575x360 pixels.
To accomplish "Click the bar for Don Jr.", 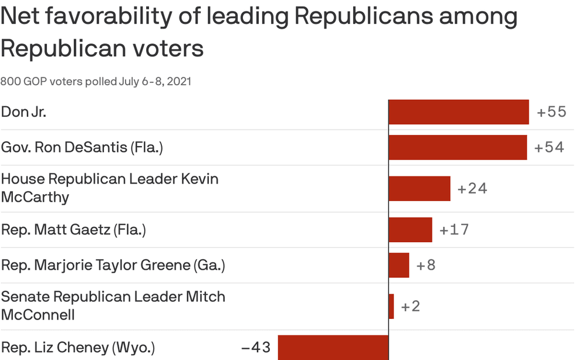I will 458,112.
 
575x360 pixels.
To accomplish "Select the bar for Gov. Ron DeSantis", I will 458,147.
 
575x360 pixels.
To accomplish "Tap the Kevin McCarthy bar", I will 419,188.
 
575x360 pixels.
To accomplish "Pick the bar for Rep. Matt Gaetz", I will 410,229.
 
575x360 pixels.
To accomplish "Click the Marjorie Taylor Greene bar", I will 398,265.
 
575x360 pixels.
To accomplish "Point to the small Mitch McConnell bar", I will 391,306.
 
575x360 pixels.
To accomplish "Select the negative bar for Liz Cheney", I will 333,347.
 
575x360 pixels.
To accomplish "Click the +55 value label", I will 552,112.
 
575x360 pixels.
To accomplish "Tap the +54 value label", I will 549,147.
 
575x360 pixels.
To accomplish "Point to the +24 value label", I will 472,188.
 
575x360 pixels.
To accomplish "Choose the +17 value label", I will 454,229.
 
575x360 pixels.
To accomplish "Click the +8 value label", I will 426,265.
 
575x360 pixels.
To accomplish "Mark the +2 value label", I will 411,306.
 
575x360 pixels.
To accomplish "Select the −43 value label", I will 256,347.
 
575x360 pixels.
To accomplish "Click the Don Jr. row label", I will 23,112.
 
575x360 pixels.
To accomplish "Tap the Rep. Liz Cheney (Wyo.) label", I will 78,347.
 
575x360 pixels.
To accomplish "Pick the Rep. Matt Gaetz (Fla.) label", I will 73,229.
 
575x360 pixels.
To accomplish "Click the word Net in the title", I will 18,18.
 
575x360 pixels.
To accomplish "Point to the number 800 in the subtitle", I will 10,81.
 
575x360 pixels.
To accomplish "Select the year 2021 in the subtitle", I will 179,81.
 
